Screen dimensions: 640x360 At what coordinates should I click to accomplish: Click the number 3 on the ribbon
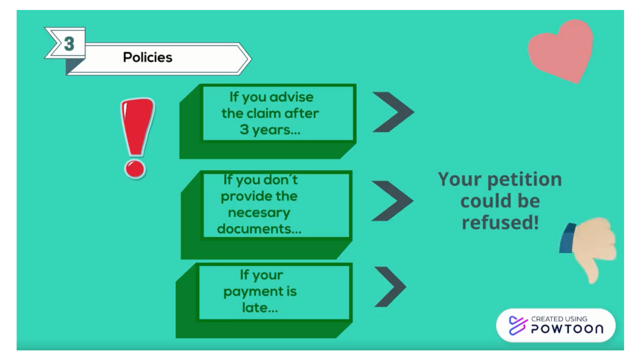point(69,43)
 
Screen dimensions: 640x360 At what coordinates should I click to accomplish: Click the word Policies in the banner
point(147,57)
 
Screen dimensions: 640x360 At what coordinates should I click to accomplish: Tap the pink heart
point(560,51)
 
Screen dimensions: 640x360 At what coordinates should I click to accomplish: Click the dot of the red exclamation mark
point(134,169)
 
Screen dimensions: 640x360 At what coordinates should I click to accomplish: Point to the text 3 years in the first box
point(270,129)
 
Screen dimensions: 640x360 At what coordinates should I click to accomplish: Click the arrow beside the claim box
point(393,112)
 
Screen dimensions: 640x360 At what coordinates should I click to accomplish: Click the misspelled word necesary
point(259,213)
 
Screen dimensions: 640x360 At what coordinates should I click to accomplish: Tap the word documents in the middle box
point(259,229)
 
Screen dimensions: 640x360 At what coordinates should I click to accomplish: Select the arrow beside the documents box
point(392,200)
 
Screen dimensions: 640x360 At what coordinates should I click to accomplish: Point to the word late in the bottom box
point(259,307)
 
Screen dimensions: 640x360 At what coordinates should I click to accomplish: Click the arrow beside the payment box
point(390,286)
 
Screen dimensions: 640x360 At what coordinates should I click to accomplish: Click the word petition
point(524,180)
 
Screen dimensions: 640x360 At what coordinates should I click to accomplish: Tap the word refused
point(500,223)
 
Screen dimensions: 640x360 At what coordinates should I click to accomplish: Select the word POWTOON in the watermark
point(567,329)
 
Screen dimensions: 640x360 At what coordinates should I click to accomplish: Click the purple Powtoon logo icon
point(518,325)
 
